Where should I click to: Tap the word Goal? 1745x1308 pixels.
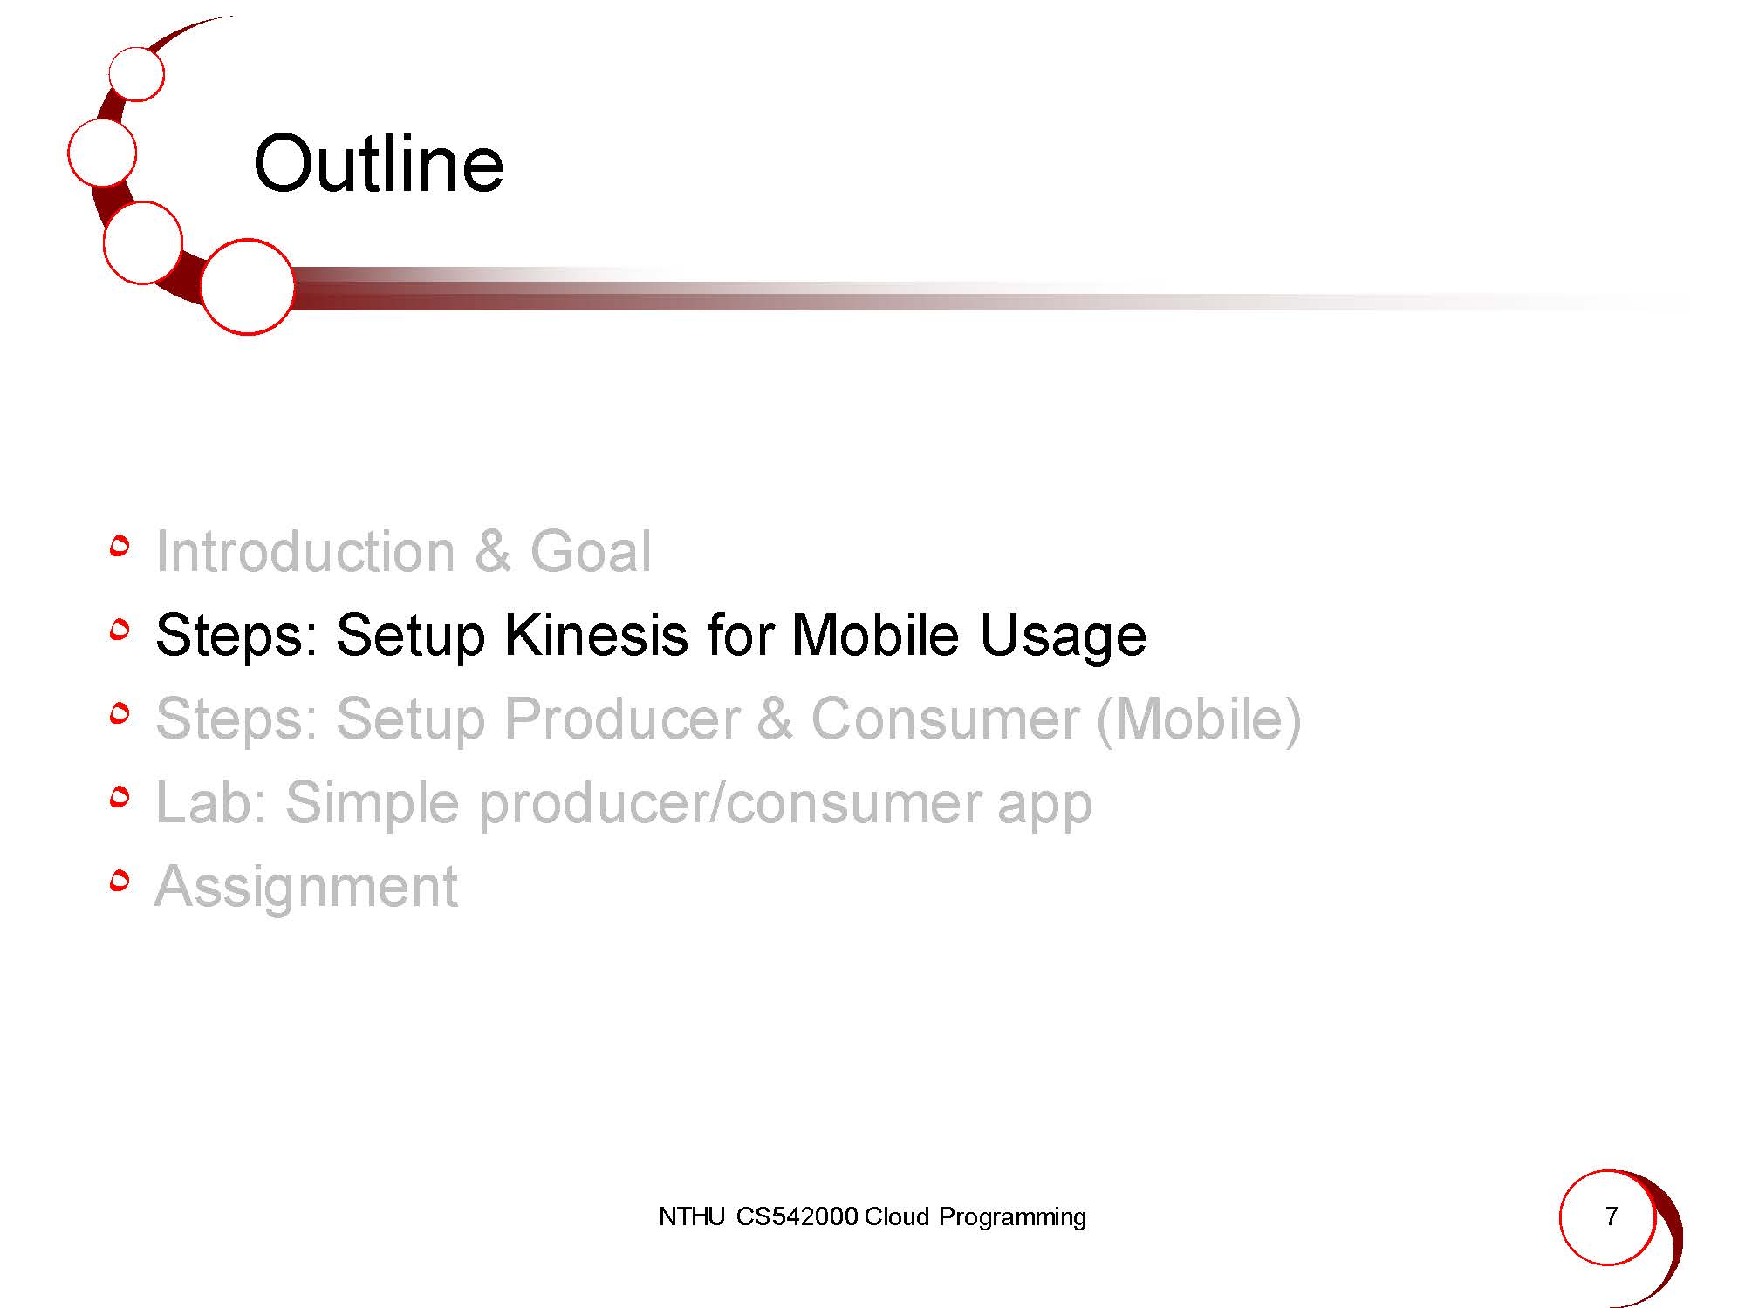coord(591,551)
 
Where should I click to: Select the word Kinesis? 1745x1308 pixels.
coord(597,634)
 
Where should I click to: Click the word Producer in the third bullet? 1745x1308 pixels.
coord(622,719)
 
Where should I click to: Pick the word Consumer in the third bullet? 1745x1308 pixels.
coord(945,719)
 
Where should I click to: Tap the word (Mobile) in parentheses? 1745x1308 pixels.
coord(1199,720)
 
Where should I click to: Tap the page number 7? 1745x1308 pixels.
coord(1612,1216)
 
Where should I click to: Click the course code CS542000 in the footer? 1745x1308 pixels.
coord(797,1216)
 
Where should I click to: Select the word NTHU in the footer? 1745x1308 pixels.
coord(692,1216)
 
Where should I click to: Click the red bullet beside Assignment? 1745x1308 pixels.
coord(120,882)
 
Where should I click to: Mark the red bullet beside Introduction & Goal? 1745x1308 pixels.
coord(120,546)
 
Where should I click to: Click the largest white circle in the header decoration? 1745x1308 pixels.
coord(248,287)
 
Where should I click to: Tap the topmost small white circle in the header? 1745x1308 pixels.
coord(137,73)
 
